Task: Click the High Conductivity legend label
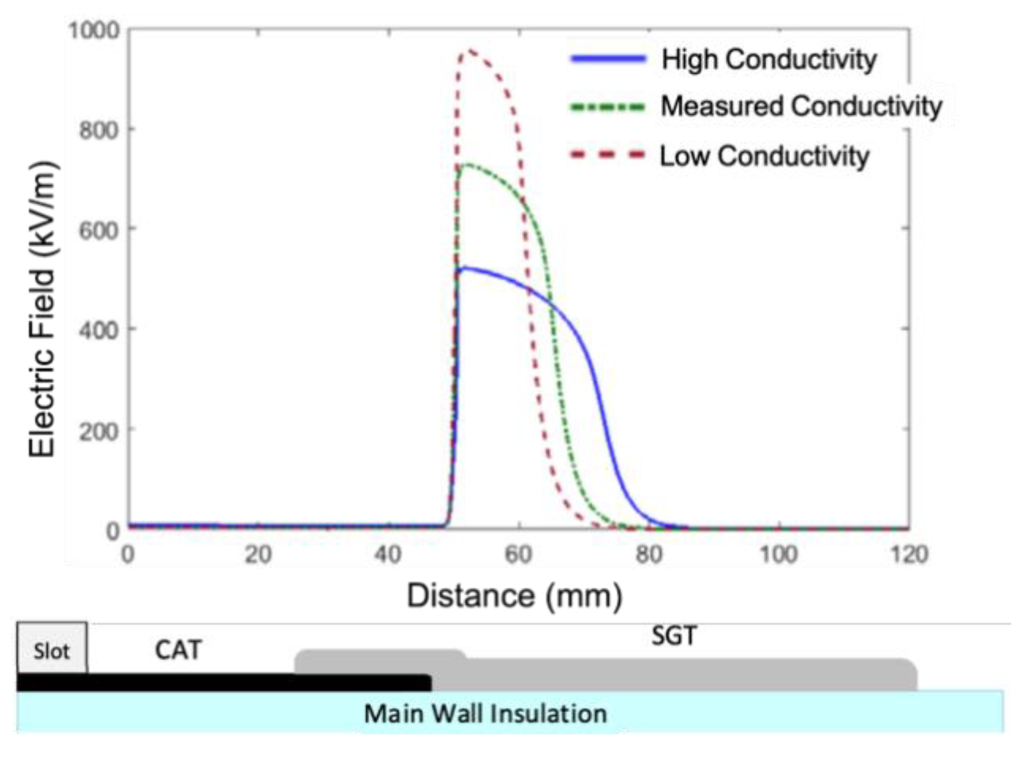pyautogui.click(x=769, y=59)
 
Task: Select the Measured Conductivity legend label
pyautogui.click(x=801, y=107)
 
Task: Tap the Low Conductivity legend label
pyautogui.click(x=764, y=156)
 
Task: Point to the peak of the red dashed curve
pyautogui.click(x=471, y=50)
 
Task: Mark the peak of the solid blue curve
pyautogui.click(x=464, y=268)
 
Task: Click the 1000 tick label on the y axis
pyautogui.click(x=94, y=30)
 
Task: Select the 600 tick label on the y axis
pyautogui.click(x=99, y=230)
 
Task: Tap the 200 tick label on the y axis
pyautogui.click(x=99, y=430)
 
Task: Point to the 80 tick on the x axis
pyautogui.click(x=649, y=555)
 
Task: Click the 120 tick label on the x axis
pyautogui.click(x=909, y=555)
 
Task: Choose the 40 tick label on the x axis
pyautogui.click(x=388, y=555)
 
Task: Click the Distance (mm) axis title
pyautogui.click(x=514, y=596)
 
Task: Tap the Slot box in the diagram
pyautogui.click(x=52, y=650)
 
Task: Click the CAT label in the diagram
pyautogui.click(x=178, y=650)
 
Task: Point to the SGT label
pyautogui.click(x=674, y=636)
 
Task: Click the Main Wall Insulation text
pyautogui.click(x=485, y=713)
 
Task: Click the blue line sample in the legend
pyautogui.click(x=608, y=58)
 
